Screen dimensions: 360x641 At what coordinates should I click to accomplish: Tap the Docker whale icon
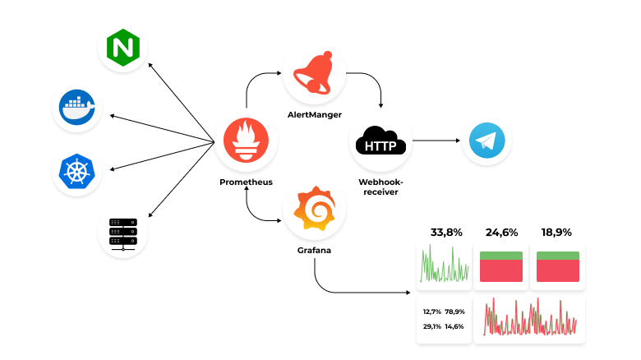click(x=77, y=107)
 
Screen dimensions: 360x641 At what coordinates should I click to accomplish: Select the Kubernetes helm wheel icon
click(x=77, y=171)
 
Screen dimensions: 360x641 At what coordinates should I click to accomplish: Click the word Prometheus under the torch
click(x=246, y=182)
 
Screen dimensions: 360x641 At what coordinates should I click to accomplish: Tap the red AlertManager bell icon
click(x=314, y=73)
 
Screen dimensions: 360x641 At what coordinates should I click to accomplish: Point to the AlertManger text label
click(x=315, y=113)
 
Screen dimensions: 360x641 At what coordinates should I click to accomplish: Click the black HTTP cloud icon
click(x=380, y=145)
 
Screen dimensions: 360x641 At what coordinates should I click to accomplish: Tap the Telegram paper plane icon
click(x=487, y=141)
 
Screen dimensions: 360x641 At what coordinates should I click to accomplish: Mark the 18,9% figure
click(x=557, y=233)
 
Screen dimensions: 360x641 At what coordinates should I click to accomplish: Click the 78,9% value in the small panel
click(x=454, y=312)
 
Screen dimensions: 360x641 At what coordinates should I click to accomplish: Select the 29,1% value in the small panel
click(x=432, y=326)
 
